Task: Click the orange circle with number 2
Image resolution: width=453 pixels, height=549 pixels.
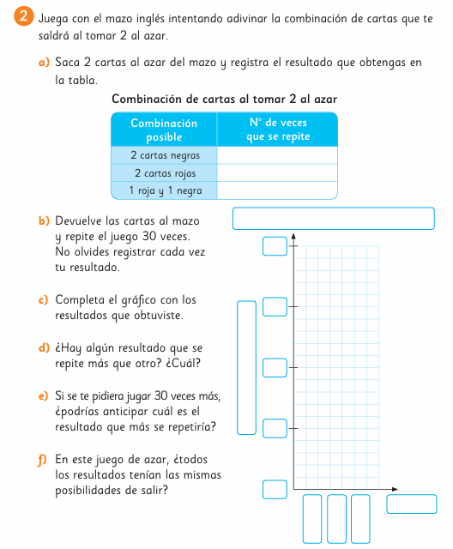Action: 24,16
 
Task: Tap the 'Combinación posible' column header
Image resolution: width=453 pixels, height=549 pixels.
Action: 164,130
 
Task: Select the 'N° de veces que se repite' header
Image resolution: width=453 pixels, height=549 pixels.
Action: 278,130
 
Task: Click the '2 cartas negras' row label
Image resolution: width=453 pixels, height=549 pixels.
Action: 165,155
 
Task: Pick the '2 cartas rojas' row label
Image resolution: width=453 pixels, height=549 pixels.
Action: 165,173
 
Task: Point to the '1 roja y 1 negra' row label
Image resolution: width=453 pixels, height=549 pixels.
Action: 166,190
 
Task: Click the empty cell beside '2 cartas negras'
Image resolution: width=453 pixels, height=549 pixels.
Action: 277,155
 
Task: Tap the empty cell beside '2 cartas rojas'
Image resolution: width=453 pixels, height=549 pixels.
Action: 277,173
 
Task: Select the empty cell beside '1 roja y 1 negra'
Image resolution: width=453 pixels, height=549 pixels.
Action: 277,190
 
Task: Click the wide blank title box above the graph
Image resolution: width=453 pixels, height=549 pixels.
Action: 334,219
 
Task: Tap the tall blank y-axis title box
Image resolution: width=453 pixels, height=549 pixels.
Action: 247,368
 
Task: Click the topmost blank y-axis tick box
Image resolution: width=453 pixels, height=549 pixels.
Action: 275,246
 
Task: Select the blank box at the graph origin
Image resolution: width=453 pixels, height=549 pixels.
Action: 275,489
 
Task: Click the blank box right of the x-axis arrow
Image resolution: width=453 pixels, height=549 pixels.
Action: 412,504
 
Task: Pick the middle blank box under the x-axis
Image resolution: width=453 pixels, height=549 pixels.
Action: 336,519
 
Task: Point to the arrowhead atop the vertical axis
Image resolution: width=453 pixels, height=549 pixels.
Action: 293,237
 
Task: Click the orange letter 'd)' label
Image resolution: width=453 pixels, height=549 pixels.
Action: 44,348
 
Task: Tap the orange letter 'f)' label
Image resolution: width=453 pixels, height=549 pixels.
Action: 42,460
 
